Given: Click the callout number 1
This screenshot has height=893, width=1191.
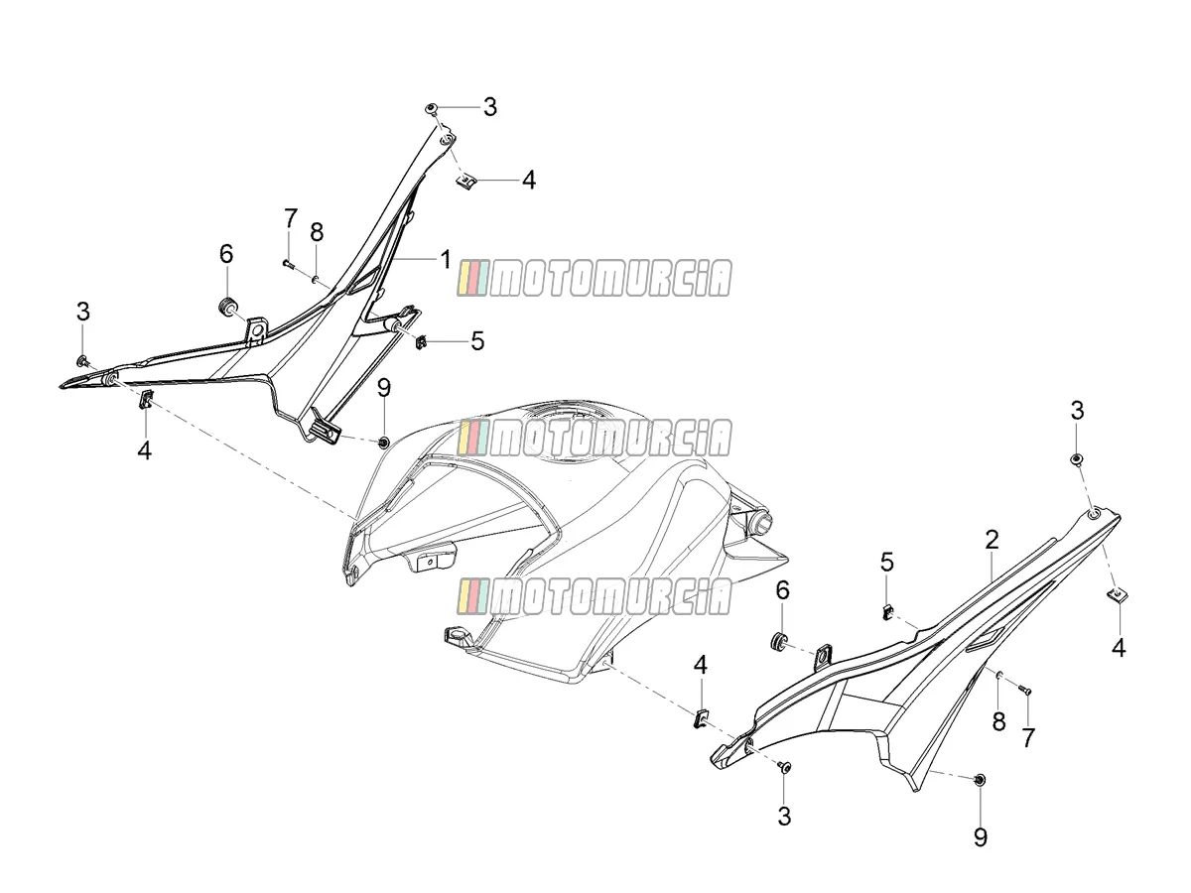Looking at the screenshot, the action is [445, 259].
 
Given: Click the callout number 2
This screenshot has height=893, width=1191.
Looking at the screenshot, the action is [992, 540].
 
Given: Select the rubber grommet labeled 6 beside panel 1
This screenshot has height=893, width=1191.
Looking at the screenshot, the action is [226, 306].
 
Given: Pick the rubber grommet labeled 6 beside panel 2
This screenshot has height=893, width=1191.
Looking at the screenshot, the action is [779, 640].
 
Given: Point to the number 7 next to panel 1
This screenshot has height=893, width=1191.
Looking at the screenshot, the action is [290, 218].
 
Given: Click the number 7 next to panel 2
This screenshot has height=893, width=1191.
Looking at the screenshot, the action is [1028, 737].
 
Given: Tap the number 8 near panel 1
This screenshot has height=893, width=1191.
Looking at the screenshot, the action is [317, 232].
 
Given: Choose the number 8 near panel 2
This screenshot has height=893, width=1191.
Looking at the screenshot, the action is [998, 721].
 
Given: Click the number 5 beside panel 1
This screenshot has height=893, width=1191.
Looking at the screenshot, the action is [477, 341].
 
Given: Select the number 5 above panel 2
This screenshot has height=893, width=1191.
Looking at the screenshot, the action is [886, 563].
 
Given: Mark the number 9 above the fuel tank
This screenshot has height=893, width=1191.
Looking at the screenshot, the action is [384, 388].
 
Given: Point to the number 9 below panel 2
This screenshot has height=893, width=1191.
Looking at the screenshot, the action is [981, 837].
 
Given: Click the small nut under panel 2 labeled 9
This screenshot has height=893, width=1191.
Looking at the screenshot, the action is [980, 780].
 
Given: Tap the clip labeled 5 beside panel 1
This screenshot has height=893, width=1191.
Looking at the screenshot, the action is [421, 341].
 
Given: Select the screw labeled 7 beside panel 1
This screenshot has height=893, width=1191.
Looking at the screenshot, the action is [288, 264].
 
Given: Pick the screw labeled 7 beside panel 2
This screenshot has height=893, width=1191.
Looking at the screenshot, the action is [1024, 691].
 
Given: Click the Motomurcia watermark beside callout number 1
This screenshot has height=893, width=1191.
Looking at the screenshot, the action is [595, 278].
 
